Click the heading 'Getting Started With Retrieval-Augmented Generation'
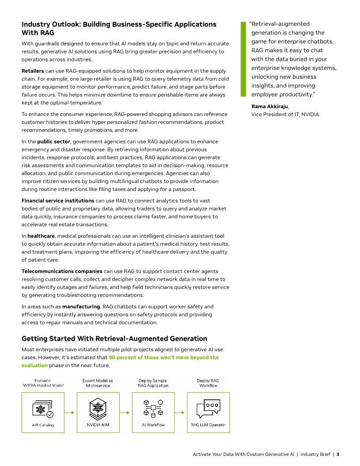(114, 339)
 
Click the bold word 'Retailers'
(33, 71)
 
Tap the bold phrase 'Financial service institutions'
(58, 201)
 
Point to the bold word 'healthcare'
(41, 236)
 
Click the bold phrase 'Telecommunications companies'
(62, 271)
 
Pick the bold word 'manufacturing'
(81, 307)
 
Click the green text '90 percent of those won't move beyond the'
(164, 357)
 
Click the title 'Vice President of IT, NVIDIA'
(285, 114)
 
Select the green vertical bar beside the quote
(242, 59)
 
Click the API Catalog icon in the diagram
(43, 409)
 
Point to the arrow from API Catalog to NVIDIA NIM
(70, 413)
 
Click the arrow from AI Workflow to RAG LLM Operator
(180, 413)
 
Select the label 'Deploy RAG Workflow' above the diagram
(208, 383)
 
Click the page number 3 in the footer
(337, 454)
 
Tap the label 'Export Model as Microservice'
(98, 383)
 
